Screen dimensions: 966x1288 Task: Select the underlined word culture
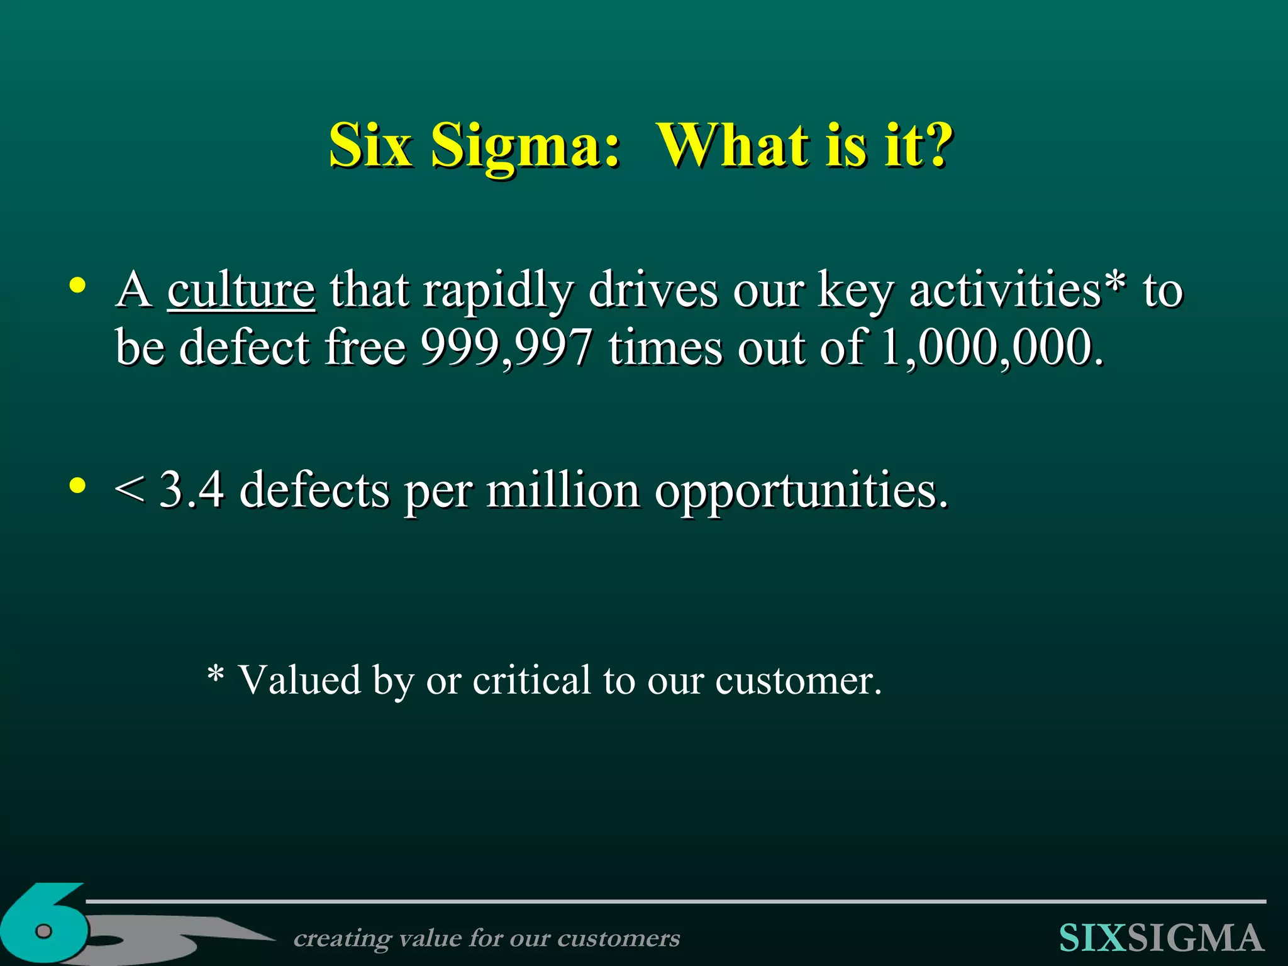(x=241, y=291)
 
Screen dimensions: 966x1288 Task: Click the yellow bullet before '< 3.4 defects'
(x=77, y=486)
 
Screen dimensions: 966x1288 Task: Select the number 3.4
(x=191, y=489)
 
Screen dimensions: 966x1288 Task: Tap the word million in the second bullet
(x=563, y=489)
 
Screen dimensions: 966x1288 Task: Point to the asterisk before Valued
(x=216, y=675)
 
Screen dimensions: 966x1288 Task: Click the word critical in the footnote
(x=531, y=680)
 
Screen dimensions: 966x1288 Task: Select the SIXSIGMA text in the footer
(x=1161, y=938)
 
